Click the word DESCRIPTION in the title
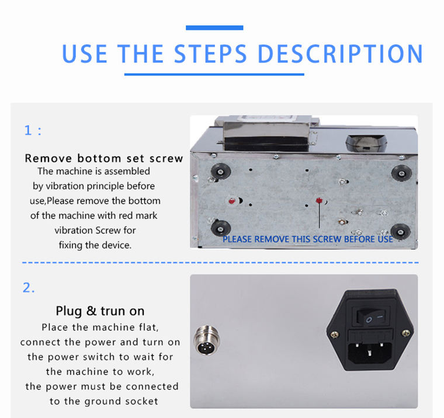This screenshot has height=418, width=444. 341,54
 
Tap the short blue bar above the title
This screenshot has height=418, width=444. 214,28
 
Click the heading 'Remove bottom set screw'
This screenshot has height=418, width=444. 104,158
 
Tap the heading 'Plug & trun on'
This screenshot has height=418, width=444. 100,311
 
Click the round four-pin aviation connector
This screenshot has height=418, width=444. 207,340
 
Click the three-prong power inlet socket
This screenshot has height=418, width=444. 370,354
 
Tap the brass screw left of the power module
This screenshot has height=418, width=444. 334,335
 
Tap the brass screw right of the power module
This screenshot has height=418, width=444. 406,333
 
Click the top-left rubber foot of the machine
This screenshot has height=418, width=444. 221,171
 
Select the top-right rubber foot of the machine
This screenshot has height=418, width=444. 401,172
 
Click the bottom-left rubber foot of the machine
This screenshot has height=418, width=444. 221,228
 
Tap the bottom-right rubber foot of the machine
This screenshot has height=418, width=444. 400,232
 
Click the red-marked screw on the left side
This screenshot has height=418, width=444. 232,201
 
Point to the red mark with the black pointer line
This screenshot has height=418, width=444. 319,200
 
